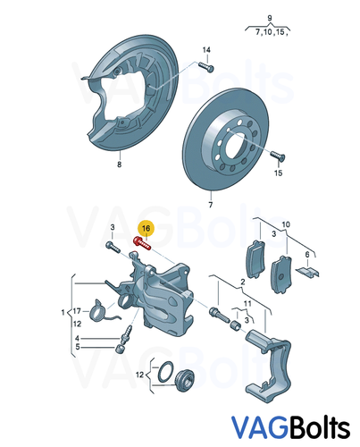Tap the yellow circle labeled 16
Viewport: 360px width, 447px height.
(146, 230)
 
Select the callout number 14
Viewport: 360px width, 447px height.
(206, 50)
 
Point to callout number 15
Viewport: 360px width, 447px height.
(278, 173)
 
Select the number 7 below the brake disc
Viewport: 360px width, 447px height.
(210, 206)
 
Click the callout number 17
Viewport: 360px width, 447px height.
(76, 311)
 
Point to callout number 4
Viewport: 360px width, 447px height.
(76, 339)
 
